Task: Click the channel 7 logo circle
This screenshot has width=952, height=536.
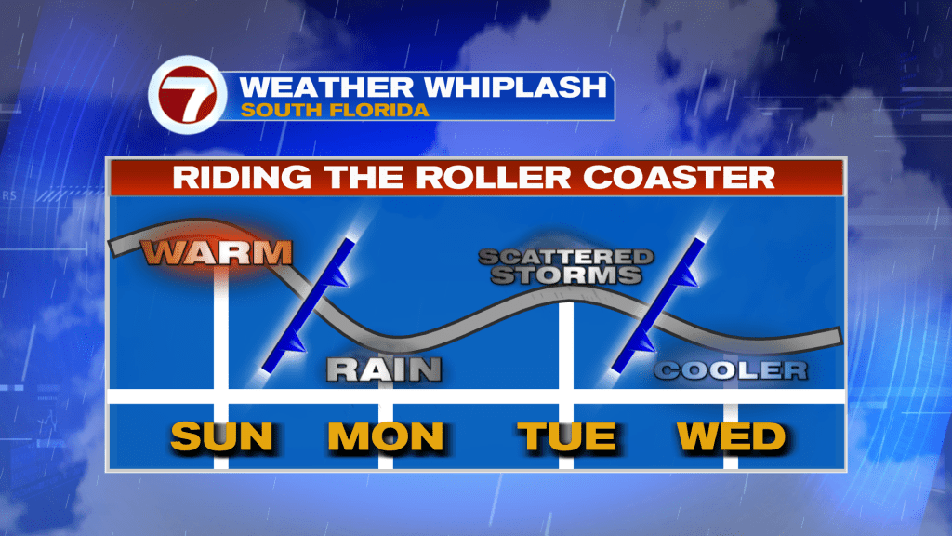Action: click(x=188, y=95)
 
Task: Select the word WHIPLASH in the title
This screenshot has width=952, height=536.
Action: click(x=515, y=87)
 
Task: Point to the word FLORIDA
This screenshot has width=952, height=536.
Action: click(x=378, y=111)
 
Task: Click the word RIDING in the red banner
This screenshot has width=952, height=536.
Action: click(x=242, y=178)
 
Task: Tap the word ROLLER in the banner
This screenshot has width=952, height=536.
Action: click(x=493, y=178)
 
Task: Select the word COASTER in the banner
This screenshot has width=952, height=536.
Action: click(x=679, y=178)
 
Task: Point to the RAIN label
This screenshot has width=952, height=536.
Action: click(x=384, y=369)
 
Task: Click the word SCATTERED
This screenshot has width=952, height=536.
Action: click(x=566, y=258)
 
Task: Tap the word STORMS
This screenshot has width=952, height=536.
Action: click(x=566, y=275)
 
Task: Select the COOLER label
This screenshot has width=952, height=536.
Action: click(x=731, y=370)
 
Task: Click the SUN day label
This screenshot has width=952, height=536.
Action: click(x=222, y=436)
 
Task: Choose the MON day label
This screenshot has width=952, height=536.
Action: click(x=386, y=436)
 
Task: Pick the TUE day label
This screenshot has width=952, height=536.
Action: click(x=566, y=436)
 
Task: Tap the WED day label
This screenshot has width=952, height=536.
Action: click(x=732, y=436)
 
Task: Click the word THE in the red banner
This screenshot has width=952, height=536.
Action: click(x=364, y=178)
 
